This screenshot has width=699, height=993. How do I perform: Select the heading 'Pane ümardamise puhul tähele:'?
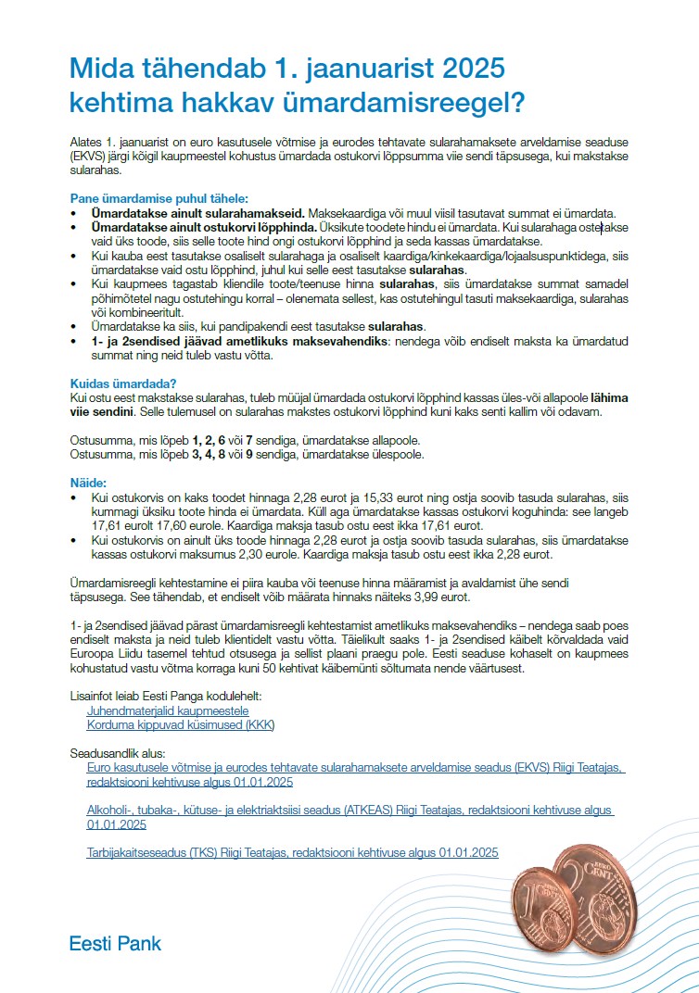(146, 198)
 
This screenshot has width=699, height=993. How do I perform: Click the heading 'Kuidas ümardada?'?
(123, 383)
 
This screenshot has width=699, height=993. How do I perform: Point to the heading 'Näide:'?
(89, 483)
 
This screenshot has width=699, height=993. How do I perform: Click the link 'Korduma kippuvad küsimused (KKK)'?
(181, 724)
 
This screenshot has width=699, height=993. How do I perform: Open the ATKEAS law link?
(349, 811)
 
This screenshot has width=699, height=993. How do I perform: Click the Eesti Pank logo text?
(115, 944)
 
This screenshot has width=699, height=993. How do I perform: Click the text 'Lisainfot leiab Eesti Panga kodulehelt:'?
(166, 696)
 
